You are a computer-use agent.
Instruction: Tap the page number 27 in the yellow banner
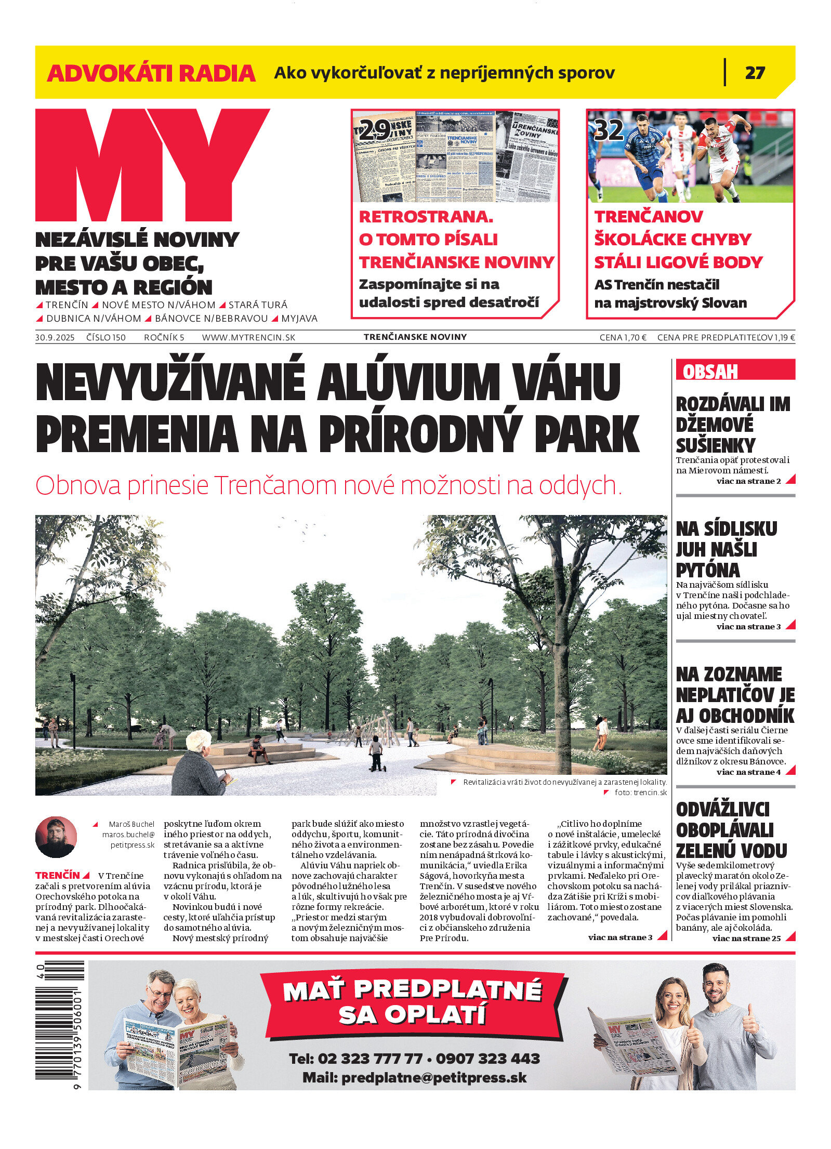755,73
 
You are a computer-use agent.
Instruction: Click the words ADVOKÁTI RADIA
151,73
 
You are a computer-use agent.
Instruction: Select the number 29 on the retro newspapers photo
374,129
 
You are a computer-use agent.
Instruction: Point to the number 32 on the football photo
609,129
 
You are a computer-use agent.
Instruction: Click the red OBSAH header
710,372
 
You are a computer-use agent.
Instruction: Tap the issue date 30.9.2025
55,337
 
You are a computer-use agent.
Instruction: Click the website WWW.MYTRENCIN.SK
248,337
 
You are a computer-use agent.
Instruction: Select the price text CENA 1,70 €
623,337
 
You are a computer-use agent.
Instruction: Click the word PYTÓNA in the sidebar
707,570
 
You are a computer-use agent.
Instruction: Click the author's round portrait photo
56,837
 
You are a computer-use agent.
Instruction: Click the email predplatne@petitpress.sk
434,1078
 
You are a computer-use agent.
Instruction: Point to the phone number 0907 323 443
488,1059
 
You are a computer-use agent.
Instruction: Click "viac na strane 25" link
746,938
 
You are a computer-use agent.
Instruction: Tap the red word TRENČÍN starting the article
58,875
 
